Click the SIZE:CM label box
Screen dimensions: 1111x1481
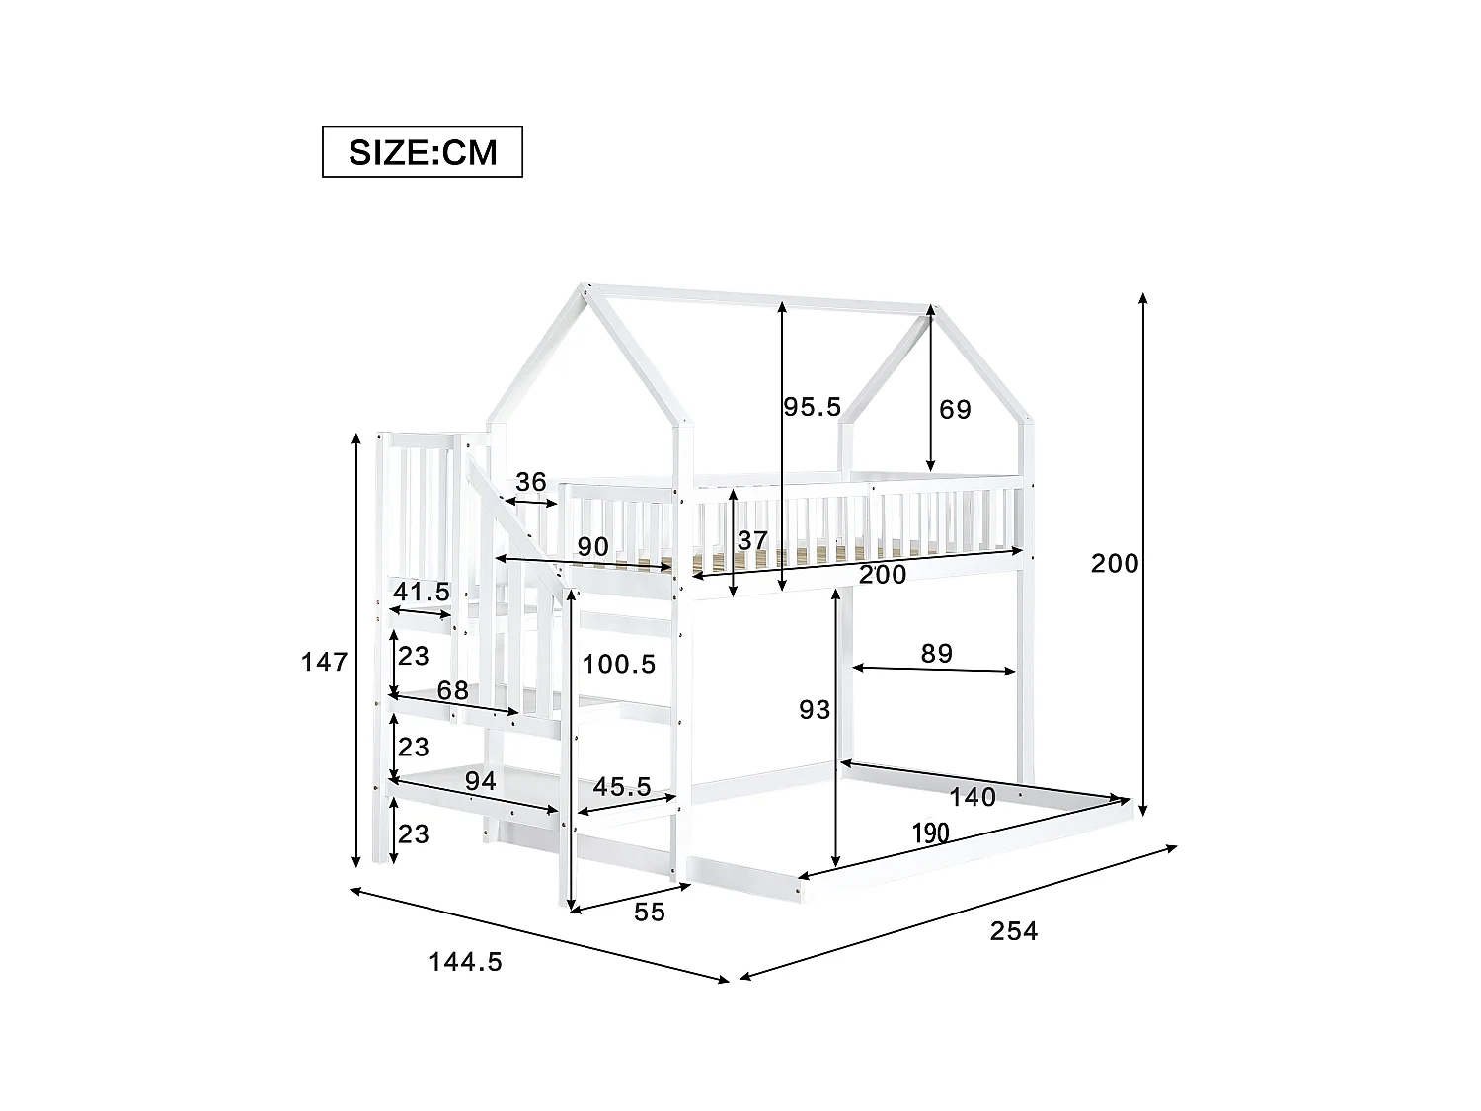tap(423, 152)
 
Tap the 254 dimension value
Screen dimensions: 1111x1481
tap(1014, 930)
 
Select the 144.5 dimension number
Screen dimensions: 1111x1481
tap(465, 961)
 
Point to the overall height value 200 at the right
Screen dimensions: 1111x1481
tap(1115, 563)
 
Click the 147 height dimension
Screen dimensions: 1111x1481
tap(325, 661)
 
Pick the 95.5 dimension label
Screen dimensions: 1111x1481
tap(812, 406)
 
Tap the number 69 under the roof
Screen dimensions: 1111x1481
tap(955, 409)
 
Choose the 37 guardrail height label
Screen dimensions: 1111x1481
tap(752, 540)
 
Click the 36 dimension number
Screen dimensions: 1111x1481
tap(531, 482)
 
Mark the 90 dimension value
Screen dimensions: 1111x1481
tap(592, 546)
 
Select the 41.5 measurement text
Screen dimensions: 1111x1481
tap(422, 592)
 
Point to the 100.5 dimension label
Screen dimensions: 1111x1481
tap(619, 664)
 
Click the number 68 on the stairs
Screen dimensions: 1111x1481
tap(453, 690)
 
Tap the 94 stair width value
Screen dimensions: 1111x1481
tap(480, 781)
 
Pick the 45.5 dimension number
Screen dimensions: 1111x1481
tap(622, 786)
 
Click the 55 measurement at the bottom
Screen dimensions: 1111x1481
tap(650, 912)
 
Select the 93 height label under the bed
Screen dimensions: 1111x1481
tap(815, 708)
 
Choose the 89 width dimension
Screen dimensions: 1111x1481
tap(936, 653)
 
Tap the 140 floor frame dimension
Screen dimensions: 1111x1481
tap(973, 796)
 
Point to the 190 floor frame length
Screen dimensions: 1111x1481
tap(930, 833)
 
